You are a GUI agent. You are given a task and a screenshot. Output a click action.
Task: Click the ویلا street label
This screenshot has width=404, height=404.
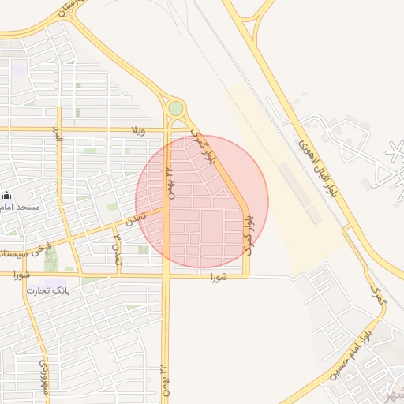pyautogui.click(x=139, y=130)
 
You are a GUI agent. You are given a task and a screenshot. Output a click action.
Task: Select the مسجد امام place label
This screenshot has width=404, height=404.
pyautogui.click(x=33, y=206)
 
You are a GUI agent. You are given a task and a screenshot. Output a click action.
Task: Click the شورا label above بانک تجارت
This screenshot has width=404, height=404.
pyautogui.click(x=21, y=275)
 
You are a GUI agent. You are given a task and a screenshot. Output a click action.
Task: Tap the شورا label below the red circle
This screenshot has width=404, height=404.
pyautogui.click(x=219, y=278)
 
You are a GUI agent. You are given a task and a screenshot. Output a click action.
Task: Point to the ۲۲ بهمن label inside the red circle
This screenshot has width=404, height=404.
pyautogui.click(x=168, y=181)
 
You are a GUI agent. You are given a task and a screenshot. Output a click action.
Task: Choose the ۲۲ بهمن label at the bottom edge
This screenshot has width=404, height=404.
pyautogui.click(x=164, y=382)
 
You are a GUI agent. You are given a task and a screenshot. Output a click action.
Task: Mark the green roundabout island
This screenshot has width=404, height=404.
pyautogui.click(x=175, y=107)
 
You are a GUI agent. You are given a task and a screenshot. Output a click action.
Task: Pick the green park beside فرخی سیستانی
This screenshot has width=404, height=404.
pyautogui.click(x=52, y=260)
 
